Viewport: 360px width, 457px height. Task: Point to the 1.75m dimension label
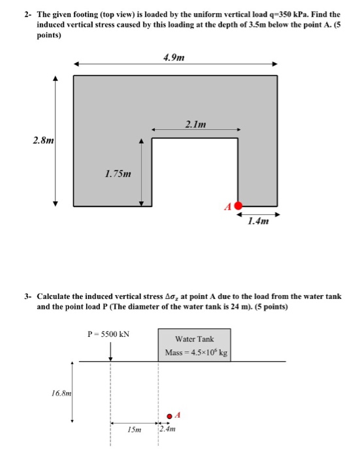[118, 174]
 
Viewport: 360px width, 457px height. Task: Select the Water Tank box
[194, 344]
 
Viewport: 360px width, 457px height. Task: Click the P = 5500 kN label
[108, 334]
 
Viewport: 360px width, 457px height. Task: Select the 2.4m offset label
[169, 430]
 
